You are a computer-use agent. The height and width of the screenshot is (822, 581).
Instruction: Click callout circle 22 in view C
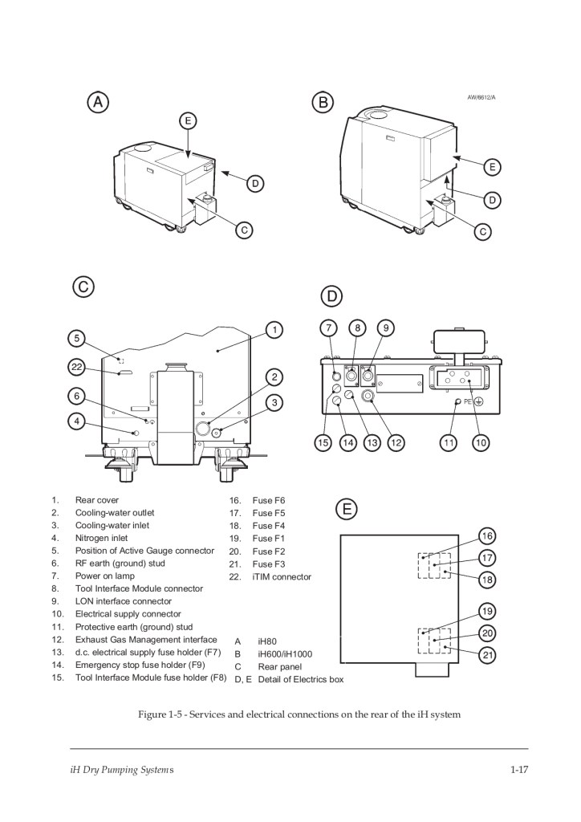[76, 367]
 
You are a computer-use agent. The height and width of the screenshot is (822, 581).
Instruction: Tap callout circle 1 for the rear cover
[274, 329]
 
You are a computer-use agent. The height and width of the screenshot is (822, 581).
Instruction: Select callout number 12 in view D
[396, 442]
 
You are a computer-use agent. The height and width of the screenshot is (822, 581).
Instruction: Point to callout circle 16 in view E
[487, 536]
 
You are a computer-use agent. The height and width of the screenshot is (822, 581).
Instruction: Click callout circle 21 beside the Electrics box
[487, 656]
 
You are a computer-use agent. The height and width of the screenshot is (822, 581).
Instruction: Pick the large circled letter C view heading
[83, 287]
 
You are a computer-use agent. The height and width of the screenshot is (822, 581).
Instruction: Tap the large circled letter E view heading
[346, 509]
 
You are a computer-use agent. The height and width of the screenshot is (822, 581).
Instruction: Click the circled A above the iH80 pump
[98, 102]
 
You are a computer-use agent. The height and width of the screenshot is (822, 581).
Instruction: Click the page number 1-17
[518, 771]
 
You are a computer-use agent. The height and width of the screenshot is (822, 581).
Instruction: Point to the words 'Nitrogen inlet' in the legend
[102, 538]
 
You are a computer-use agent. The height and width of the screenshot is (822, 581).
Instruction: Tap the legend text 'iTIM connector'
[282, 576]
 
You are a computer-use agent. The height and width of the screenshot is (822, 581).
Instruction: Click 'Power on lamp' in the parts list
[105, 576]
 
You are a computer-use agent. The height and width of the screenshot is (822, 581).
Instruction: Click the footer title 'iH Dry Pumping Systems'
[121, 771]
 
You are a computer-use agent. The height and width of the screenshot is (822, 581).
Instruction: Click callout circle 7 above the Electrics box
[327, 328]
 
